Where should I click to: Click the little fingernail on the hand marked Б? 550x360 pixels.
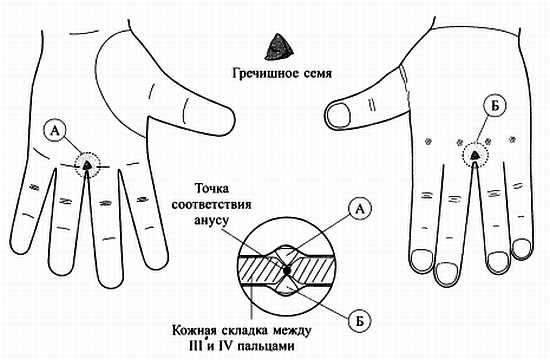(x=521, y=244)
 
